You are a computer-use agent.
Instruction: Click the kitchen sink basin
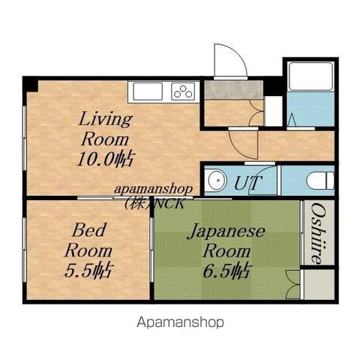click(148, 91)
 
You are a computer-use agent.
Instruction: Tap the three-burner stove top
click(183, 91)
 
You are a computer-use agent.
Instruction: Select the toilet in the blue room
click(321, 180)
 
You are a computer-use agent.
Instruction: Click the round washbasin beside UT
click(215, 180)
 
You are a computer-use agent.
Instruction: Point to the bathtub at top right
click(310, 76)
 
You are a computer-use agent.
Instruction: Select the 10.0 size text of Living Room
click(106, 159)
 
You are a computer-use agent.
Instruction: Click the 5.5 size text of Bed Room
click(88, 271)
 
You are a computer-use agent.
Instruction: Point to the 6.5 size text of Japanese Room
click(226, 271)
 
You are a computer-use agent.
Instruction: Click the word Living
click(105, 120)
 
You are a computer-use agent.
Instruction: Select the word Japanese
click(227, 232)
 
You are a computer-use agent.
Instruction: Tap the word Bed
click(89, 230)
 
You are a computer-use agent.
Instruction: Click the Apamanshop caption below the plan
click(180, 322)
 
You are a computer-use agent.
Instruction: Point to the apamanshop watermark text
click(154, 189)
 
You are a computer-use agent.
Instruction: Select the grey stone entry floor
click(233, 90)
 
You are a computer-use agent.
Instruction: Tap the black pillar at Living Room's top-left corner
click(31, 85)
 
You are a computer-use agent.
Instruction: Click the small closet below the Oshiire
click(319, 284)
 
